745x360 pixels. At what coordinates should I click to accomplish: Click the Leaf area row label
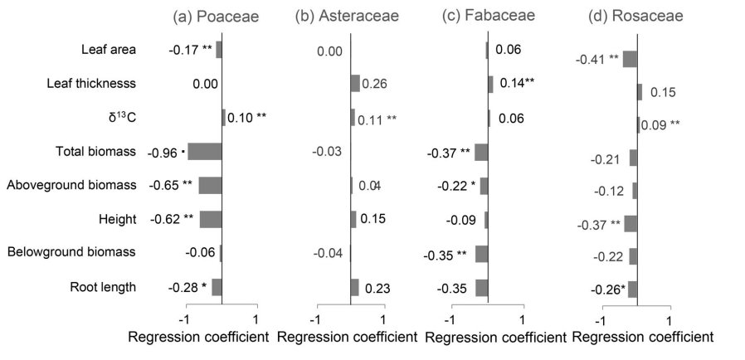pyautogui.click(x=109, y=50)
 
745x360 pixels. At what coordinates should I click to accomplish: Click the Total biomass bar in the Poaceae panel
pyautogui.click(x=205, y=152)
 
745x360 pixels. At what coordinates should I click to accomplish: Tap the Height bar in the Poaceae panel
pyautogui.click(x=211, y=219)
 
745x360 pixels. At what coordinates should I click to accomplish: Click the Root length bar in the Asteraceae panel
pyautogui.click(x=355, y=287)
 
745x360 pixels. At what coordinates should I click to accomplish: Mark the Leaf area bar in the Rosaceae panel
pyautogui.click(x=630, y=59)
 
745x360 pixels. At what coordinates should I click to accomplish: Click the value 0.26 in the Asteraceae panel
pyautogui.click(x=375, y=84)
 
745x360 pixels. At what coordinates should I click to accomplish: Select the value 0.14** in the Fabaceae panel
pyautogui.click(x=516, y=84)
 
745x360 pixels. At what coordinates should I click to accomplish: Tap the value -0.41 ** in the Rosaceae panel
pyautogui.click(x=597, y=58)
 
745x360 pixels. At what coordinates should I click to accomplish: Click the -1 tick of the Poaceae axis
pyautogui.click(x=186, y=319)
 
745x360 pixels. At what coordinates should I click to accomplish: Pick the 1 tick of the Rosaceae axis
pyautogui.click(x=670, y=319)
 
